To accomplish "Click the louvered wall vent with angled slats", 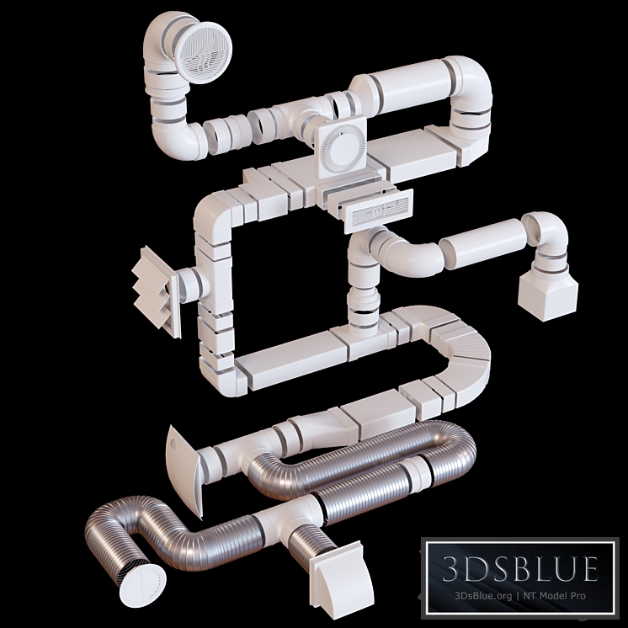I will [x=157, y=288].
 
